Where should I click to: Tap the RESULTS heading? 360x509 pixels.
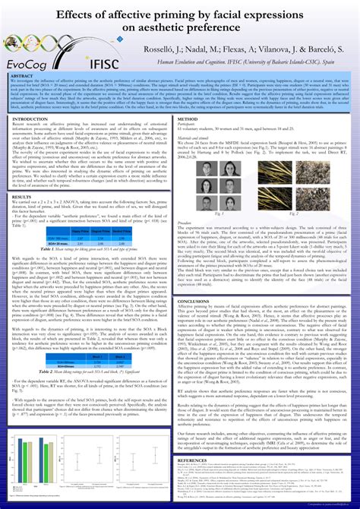click(x=24, y=197)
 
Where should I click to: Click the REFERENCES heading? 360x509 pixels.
click(x=197, y=460)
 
